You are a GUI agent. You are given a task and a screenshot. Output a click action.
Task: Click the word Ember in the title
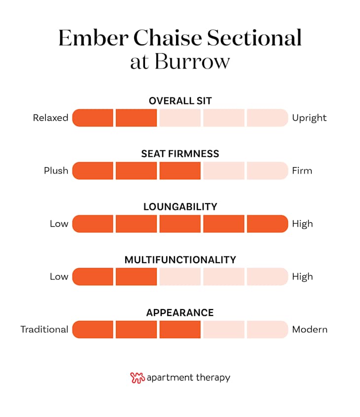(x=93, y=38)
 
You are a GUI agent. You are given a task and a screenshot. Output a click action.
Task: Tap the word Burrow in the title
(x=192, y=62)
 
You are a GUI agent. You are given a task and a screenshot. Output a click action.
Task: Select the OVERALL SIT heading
(x=180, y=101)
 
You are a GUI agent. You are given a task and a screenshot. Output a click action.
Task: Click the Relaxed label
(x=51, y=118)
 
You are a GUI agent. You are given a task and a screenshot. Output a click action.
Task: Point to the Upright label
(x=309, y=118)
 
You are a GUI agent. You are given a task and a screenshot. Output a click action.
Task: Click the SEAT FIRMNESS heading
(x=180, y=154)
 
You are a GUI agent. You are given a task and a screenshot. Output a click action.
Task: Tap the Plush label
(x=56, y=171)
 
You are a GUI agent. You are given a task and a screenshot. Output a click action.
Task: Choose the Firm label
(x=302, y=171)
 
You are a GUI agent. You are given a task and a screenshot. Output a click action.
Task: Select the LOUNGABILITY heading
(x=180, y=207)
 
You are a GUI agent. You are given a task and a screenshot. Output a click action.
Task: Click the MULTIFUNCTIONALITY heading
(x=180, y=260)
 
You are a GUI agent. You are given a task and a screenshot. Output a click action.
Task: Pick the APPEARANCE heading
(x=180, y=313)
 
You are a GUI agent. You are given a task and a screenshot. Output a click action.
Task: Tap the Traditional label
(x=44, y=329)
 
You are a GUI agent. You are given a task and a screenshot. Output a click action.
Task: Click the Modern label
(x=310, y=329)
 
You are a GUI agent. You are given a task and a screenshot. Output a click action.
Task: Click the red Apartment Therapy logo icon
(x=137, y=378)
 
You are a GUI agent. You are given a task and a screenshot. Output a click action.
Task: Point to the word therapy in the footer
(x=213, y=378)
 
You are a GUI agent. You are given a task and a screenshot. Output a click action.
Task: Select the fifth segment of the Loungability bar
(x=267, y=224)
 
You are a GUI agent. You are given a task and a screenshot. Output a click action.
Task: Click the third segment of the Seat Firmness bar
(x=180, y=171)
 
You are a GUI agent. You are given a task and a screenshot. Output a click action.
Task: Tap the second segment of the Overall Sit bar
(x=136, y=118)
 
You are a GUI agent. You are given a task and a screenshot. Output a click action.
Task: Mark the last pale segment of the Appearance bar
(x=267, y=329)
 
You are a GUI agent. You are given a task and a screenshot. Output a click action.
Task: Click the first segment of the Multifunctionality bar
(x=93, y=277)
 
